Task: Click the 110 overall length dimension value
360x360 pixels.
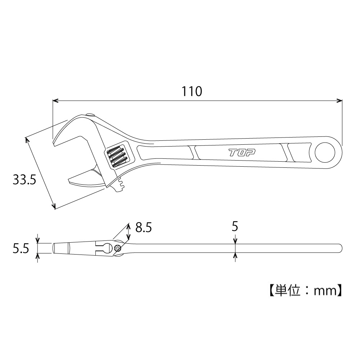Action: pyautogui.click(x=192, y=91)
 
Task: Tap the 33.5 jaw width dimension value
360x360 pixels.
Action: pyautogui.click(x=24, y=180)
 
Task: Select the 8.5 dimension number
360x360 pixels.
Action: pyautogui.click(x=144, y=228)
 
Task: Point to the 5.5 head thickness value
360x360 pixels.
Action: pyautogui.click(x=21, y=248)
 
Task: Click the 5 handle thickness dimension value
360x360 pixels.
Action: pyautogui.click(x=235, y=226)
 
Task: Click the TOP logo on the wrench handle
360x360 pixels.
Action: pyautogui.click(x=242, y=152)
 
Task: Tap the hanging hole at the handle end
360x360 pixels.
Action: pyautogui.click(x=325, y=152)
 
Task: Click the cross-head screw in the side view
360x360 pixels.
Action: pyautogui.click(x=117, y=248)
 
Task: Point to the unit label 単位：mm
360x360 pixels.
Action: pyautogui.click(x=306, y=291)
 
